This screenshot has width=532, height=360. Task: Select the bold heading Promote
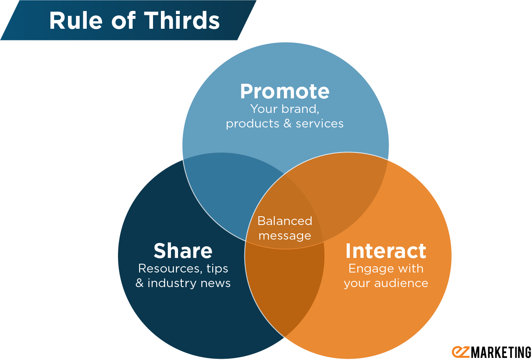[285, 91]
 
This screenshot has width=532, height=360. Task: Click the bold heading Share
[183, 251]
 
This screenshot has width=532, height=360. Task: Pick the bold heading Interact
[386, 251]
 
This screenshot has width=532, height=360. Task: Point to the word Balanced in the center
[285, 221]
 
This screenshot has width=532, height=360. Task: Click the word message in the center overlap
[285, 236]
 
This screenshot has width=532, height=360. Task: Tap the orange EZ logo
[461, 352]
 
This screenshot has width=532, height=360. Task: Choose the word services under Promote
[320, 124]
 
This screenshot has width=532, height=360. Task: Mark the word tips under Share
[217, 269]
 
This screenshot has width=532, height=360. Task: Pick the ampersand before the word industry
[140, 283]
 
